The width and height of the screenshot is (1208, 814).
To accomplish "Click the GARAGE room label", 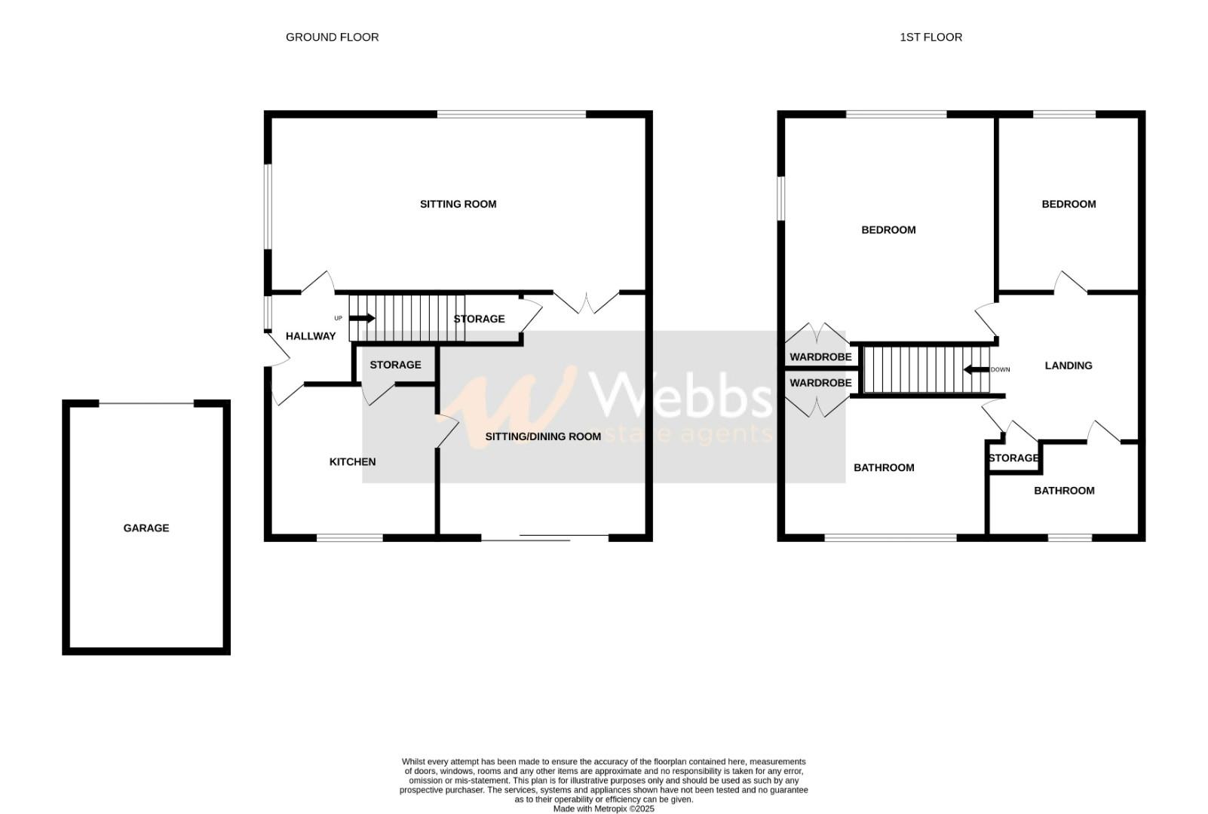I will pyautogui.click(x=146, y=528).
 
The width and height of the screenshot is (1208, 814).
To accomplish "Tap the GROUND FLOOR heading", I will pyautogui.click(x=332, y=37).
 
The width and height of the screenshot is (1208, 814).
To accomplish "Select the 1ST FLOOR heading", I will pyautogui.click(x=931, y=37).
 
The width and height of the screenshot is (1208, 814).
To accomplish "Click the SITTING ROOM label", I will pyautogui.click(x=458, y=204).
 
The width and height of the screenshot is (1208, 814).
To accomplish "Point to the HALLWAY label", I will pyautogui.click(x=310, y=336).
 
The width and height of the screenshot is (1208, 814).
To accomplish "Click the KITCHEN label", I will pyautogui.click(x=352, y=462).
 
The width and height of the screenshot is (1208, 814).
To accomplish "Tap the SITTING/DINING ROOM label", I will pyautogui.click(x=543, y=436).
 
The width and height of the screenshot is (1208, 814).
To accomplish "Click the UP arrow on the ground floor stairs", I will pyautogui.click(x=362, y=318).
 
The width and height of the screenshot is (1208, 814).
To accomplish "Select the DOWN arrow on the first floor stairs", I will pyautogui.click(x=977, y=370).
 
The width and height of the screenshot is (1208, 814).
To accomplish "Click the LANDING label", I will pyautogui.click(x=1068, y=366).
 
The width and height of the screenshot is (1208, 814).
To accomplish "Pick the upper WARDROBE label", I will pyautogui.click(x=820, y=357).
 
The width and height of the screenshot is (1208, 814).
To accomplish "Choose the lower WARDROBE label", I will pyautogui.click(x=820, y=383).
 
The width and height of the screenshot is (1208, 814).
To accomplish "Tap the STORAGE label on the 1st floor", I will pyautogui.click(x=1013, y=458).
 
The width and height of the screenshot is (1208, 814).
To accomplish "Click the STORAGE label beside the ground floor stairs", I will pyautogui.click(x=479, y=319).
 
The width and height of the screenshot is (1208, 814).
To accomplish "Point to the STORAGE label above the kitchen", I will pyautogui.click(x=395, y=365).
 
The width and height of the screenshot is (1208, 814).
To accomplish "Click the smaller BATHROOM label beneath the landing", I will pyautogui.click(x=1063, y=491).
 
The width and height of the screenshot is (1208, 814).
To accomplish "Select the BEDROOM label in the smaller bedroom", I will pyautogui.click(x=1068, y=204).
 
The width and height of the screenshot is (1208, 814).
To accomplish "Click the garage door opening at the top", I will pyautogui.click(x=146, y=404).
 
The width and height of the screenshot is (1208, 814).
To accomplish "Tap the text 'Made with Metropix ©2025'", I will pyautogui.click(x=603, y=809).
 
